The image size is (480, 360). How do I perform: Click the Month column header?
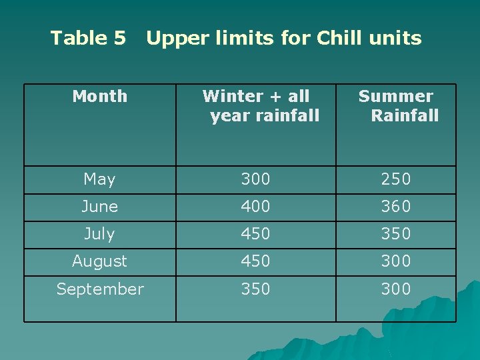coord(99,97)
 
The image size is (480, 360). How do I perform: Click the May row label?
coord(99,179)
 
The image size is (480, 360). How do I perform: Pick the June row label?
coord(99,207)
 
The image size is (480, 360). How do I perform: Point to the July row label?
coord(99,234)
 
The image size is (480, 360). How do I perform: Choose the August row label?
coord(99,261)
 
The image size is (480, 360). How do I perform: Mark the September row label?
coord(99,289)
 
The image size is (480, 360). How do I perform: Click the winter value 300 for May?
coord(255,179)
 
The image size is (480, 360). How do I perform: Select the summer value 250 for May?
coord(395,179)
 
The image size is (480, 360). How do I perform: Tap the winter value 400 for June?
coord(255,207)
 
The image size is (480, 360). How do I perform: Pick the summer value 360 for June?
coord(395,207)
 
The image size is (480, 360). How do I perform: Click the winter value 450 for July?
coord(255,234)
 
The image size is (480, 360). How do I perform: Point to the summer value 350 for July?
coord(395,234)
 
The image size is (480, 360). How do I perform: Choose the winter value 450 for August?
coord(255,261)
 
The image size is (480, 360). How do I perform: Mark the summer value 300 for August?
coord(395,261)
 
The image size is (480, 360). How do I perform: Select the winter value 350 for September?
coord(255,289)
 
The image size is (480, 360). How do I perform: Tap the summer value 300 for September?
coord(395,289)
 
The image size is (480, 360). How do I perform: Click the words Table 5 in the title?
coord(88,38)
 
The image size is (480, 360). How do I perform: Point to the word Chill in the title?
coord(339,38)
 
